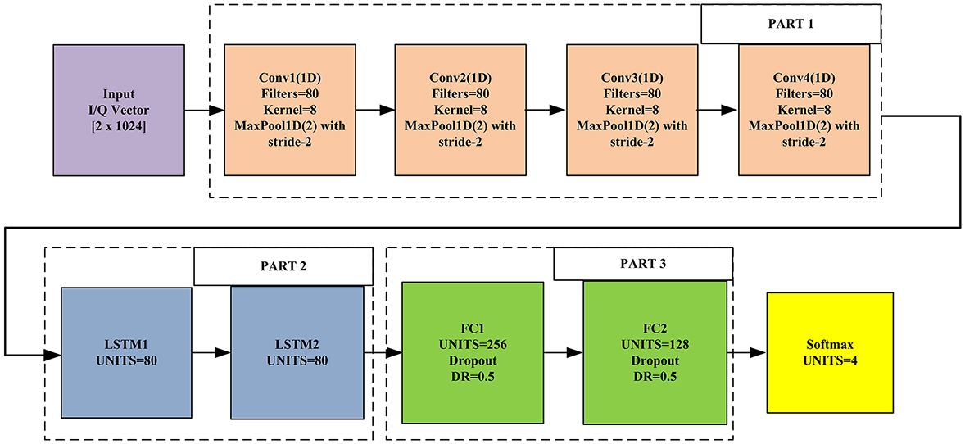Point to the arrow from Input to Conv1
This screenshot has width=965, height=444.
pyautogui.click(x=204, y=110)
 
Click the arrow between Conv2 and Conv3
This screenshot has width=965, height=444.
pyautogui.click(x=546, y=110)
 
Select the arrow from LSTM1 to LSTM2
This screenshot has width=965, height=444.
pyautogui.click(x=211, y=354)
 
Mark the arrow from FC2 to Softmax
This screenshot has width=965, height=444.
pyautogui.click(x=746, y=353)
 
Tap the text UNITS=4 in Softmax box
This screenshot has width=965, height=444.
pyautogui.click(x=830, y=360)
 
